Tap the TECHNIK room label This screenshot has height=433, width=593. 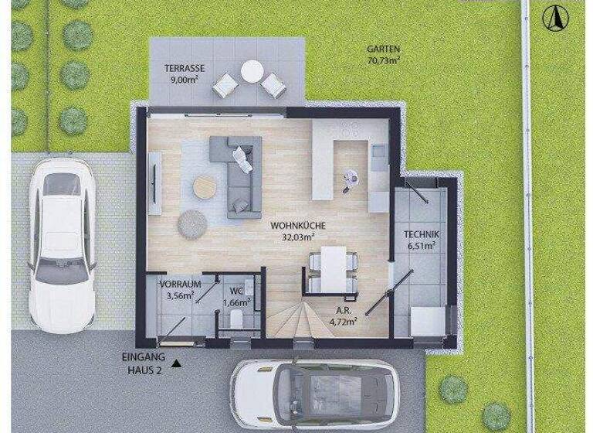[x=422, y=236]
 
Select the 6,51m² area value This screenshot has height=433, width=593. [x=422, y=247]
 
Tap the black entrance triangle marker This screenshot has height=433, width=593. [x=178, y=363]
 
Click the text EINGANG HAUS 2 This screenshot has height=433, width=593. [x=144, y=363]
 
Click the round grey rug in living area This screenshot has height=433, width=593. [x=192, y=223]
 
